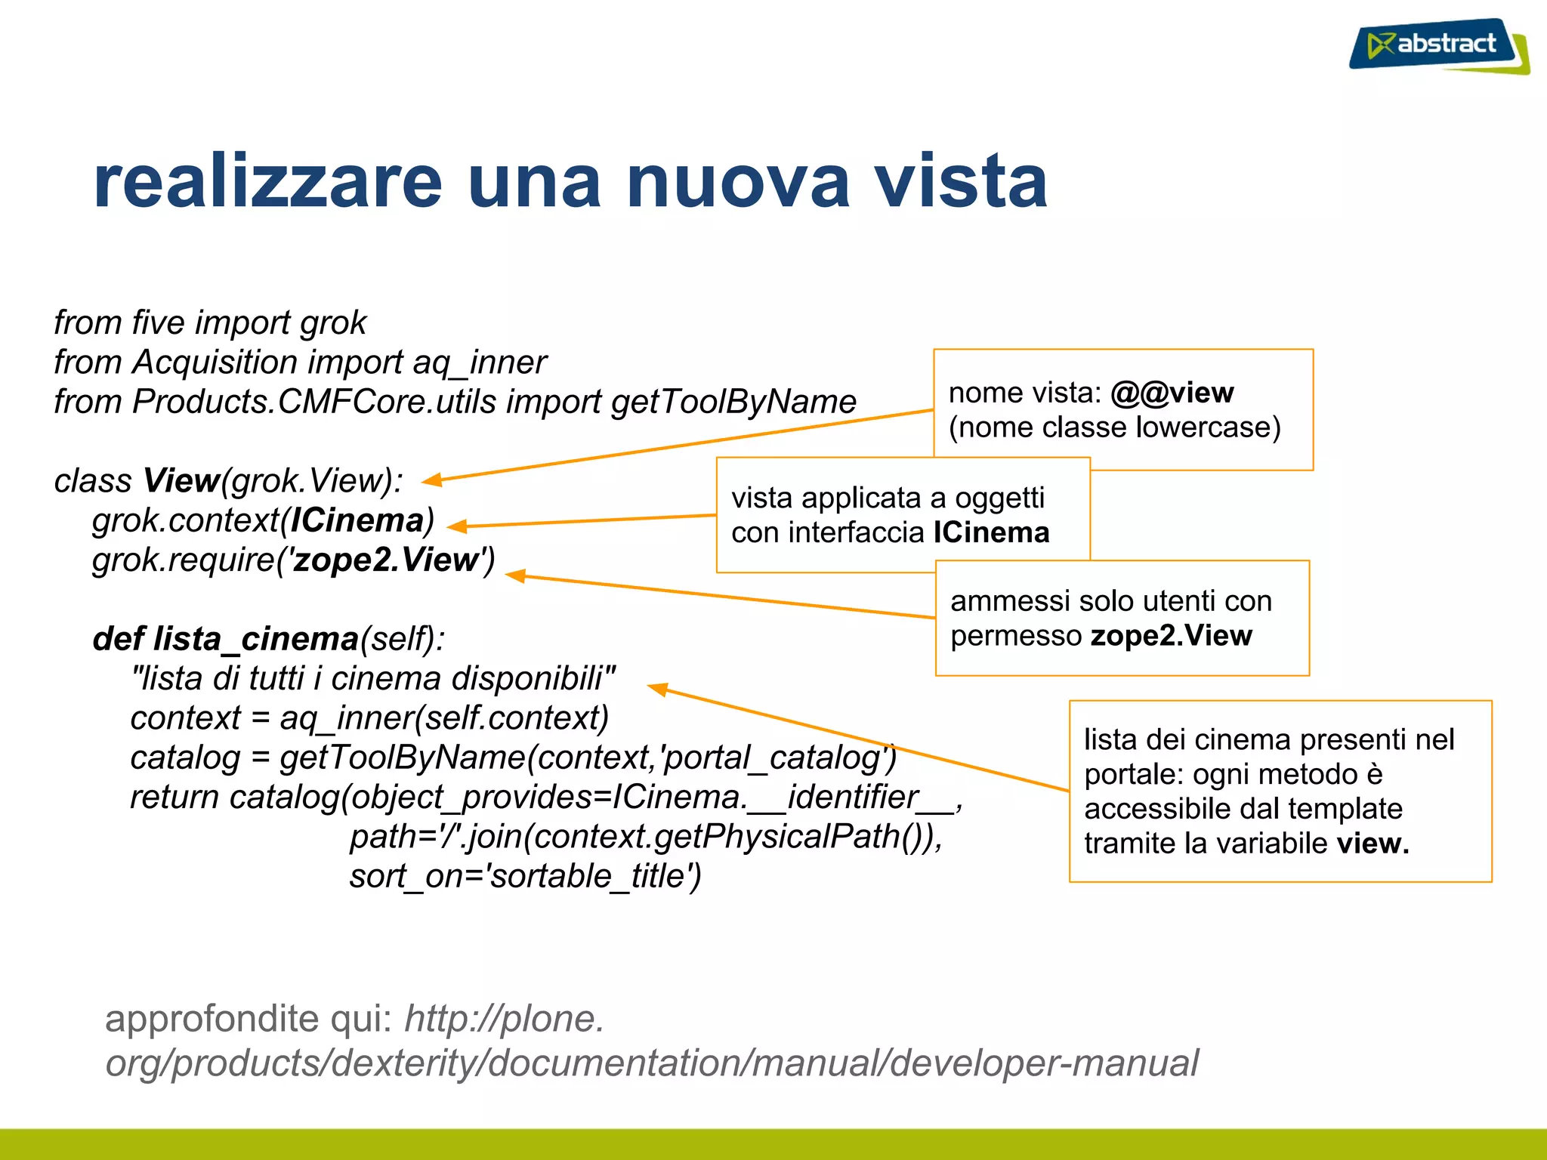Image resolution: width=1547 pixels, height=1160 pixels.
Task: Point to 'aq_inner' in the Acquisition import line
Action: coord(479,363)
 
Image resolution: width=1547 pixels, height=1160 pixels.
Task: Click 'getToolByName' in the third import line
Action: coord(733,403)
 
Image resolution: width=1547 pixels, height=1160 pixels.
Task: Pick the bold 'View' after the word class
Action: coord(181,481)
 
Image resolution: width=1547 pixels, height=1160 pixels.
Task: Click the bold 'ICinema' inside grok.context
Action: coord(357,520)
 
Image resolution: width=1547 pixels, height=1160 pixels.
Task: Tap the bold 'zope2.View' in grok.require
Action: coord(386,560)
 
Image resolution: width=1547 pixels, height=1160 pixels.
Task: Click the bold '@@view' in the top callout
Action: coord(1172,393)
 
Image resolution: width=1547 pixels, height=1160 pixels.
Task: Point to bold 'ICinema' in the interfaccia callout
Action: coord(991,532)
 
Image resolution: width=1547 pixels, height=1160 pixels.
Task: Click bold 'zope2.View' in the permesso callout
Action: coord(1171,636)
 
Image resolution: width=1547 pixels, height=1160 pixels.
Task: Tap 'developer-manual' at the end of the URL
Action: coord(1044,1064)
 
